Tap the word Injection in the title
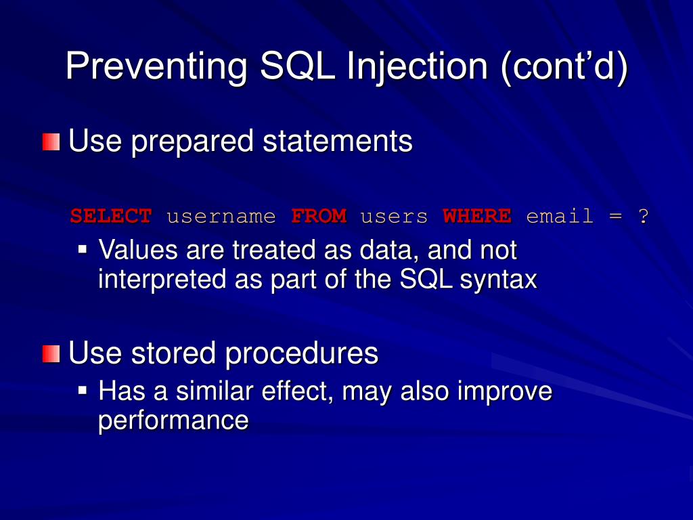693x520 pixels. pyautogui.click(x=417, y=66)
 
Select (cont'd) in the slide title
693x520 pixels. pyautogui.click(x=564, y=66)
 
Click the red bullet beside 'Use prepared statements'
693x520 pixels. pyautogui.click(x=51, y=142)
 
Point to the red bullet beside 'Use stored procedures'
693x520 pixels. pyautogui.click(x=51, y=353)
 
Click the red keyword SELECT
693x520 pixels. pyautogui.click(x=111, y=216)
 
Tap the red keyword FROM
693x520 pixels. pyautogui.click(x=319, y=216)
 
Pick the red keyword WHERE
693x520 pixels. pyautogui.click(x=477, y=216)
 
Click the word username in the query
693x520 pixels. pyautogui.click(x=221, y=217)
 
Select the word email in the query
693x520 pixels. pyautogui.click(x=560, y=216)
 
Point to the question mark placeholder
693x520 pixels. pyautogui.click(x=644, y=216)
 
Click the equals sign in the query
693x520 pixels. pyautogui.click(x=616, y=217)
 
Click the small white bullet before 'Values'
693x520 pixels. pyautogui.click(x=83, y=249)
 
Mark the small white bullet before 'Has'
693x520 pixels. pyautogui.click(x=83, y=391)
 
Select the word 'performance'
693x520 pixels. pyautogui.click(x=173, y=420)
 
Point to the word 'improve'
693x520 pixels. pyautogui.click(x=505, y=392)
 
